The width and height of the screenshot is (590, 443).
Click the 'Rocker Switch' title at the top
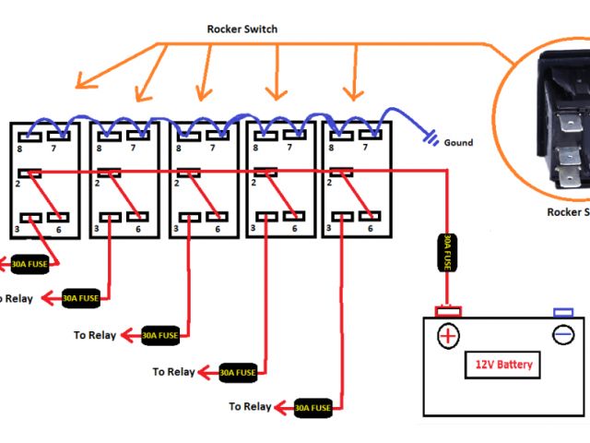242,30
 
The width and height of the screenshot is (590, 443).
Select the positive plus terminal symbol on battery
447,334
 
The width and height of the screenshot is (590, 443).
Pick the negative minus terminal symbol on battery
563,334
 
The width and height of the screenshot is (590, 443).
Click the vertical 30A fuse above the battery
447,252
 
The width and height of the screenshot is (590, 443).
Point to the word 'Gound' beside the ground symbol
458,143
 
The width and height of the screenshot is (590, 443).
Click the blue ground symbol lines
431,140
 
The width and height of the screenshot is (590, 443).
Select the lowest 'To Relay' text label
250,406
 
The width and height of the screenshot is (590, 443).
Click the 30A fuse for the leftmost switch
31,264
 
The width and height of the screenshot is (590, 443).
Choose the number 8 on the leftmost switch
18,147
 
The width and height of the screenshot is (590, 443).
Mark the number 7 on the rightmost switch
370,147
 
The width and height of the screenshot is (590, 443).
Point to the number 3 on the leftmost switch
18,229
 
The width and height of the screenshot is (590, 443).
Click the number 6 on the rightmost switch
370,229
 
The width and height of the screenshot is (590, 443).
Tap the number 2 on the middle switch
179,184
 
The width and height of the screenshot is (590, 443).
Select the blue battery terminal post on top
562,312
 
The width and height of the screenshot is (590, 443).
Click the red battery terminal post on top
447,312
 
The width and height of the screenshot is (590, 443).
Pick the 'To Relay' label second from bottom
174,372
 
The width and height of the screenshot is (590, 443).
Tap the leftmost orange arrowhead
83,81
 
